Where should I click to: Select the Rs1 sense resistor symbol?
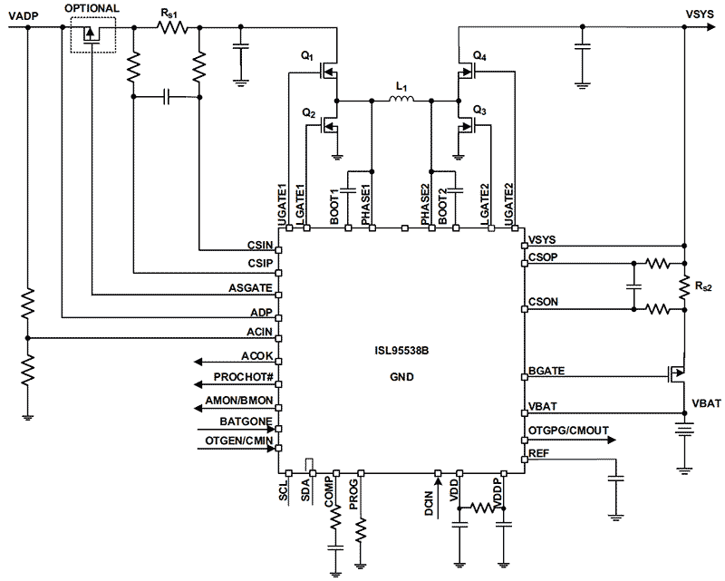171,28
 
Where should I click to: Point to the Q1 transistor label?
307,55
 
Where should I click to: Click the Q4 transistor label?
479,55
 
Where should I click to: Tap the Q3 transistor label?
480,111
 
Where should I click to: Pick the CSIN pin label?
260,245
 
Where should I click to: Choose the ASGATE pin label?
251,288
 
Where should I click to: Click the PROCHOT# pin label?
243,376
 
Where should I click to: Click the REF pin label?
538,452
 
